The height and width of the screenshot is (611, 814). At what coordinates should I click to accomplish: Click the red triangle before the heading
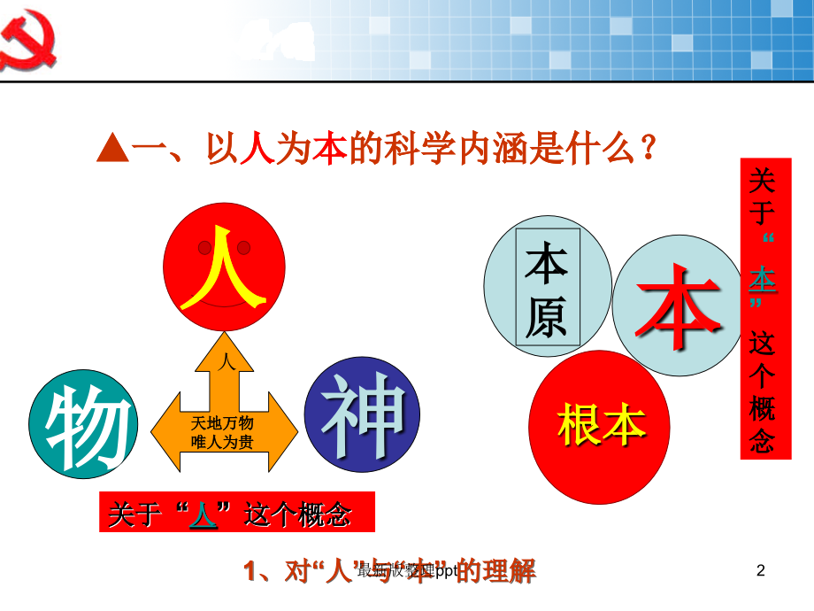(x=113, y=150)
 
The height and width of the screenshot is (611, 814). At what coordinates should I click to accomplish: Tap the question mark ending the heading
(x=649, y=148)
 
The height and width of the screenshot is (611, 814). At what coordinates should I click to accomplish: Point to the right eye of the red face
(x=244, y=247)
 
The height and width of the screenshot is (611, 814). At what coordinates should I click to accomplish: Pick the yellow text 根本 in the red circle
(x=601, y=425)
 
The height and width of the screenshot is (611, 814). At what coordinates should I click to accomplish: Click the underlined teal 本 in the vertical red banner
(x=762, y=282)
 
